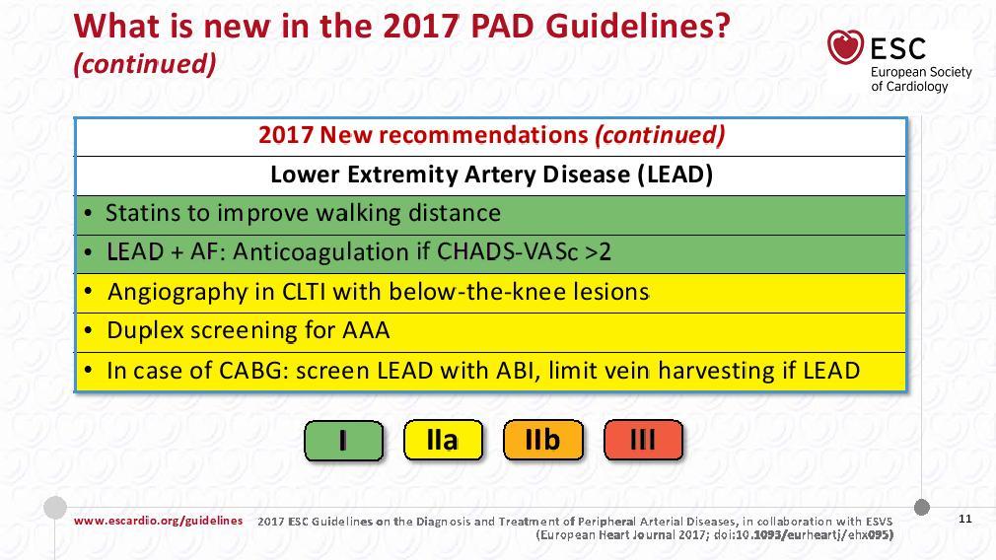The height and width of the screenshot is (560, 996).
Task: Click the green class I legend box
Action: coord(343,440)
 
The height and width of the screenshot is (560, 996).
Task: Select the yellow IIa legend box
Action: coord(443,440)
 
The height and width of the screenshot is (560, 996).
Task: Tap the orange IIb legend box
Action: coord(542,440)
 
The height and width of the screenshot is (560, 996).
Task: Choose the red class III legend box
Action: coord(643,440)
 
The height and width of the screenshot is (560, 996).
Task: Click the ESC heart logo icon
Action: coord(845,47)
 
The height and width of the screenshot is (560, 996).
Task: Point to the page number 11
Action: coord(964,519)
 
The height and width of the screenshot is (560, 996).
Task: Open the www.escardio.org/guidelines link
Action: coord(158,521)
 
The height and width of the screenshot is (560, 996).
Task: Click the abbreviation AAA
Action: coord(367,330)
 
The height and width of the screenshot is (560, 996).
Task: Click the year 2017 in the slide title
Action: coord(420,26)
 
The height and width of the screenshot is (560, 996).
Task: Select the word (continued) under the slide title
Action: coord(145,64)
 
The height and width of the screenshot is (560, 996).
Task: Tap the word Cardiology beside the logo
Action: coord(916,87)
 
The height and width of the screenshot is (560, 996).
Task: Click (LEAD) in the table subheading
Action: coord(676,175)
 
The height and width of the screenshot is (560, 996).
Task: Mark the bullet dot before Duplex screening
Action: coord(89,331)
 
